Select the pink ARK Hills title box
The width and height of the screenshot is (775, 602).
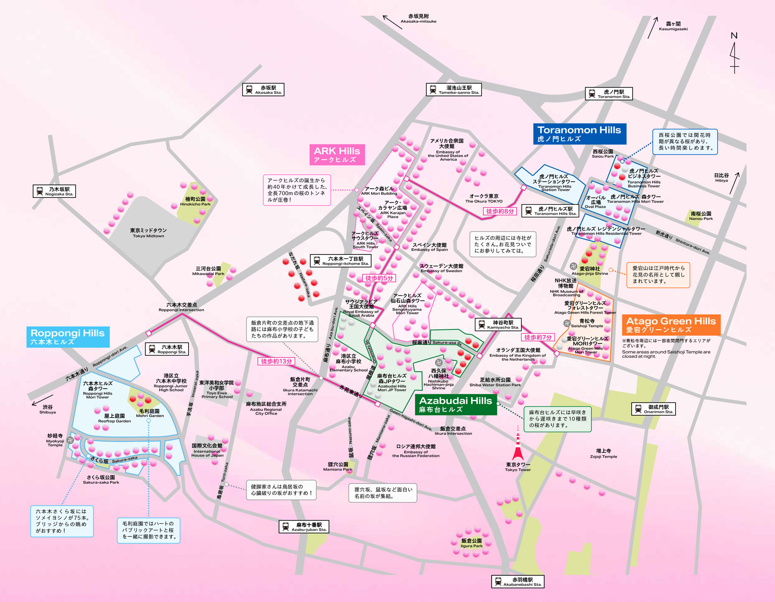(x=337, y=154)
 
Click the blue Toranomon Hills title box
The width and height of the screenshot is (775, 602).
(x=579, y=134)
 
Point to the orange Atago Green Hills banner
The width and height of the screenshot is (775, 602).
(x=671, y=325)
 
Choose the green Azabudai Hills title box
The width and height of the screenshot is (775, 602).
(x=456, y=404)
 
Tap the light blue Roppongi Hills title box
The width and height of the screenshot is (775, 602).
(x=68, y=337)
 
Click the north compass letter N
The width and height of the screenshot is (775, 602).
(x=734, y=36)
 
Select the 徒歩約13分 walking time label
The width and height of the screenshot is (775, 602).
(x=276, y=361)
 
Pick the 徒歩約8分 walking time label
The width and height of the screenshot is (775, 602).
(x=500, y=211)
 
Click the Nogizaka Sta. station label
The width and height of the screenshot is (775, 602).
(x=54, y=191)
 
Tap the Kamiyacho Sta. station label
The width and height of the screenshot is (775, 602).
(x=498, y=324)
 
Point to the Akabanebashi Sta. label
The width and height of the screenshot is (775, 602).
(x=518, y=582)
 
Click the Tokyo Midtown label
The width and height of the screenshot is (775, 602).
(x=149, y=233)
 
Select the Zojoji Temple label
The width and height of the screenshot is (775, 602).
(x=603, y=454)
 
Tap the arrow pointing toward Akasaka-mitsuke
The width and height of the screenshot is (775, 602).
(x=392, y=22)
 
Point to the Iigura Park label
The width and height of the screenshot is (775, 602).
(x=471, y=543)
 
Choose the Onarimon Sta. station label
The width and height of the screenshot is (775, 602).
(x=653, y=409)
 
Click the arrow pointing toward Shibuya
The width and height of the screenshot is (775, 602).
(x=42, y=400)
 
